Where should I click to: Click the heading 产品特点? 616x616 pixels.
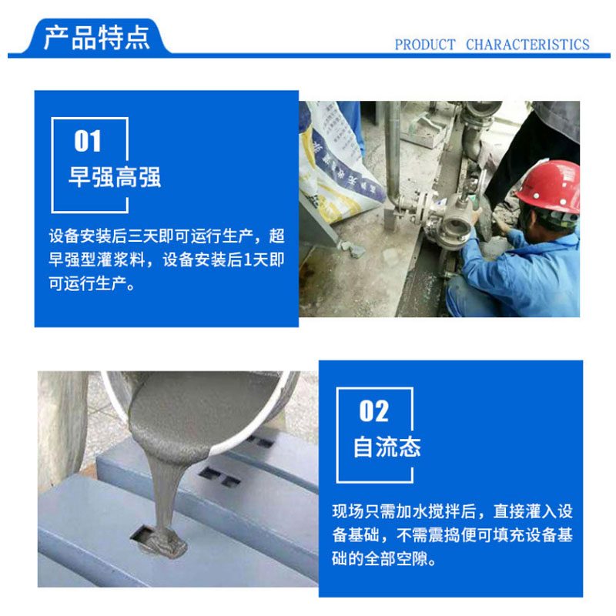pyautogui.click(x=97, y=37)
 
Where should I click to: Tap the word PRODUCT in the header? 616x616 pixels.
pyautogui.click(x=425, y=45)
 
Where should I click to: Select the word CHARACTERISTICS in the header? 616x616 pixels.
pyautogui.click(x=527, y=45)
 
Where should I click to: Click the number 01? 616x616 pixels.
pyautogui.click(x=88, y=141)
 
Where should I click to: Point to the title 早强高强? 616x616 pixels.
pyautogui.click(x=115, y=177)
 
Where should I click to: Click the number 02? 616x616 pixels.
pyautogui.click(x=373, y=411)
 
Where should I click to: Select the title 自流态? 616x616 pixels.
pyautogui.click(x=387, y=447)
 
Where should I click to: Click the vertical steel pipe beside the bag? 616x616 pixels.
pyautogui.click(x=393, y=157)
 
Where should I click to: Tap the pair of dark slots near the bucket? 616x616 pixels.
pyautogui.click(x=219, y=476)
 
